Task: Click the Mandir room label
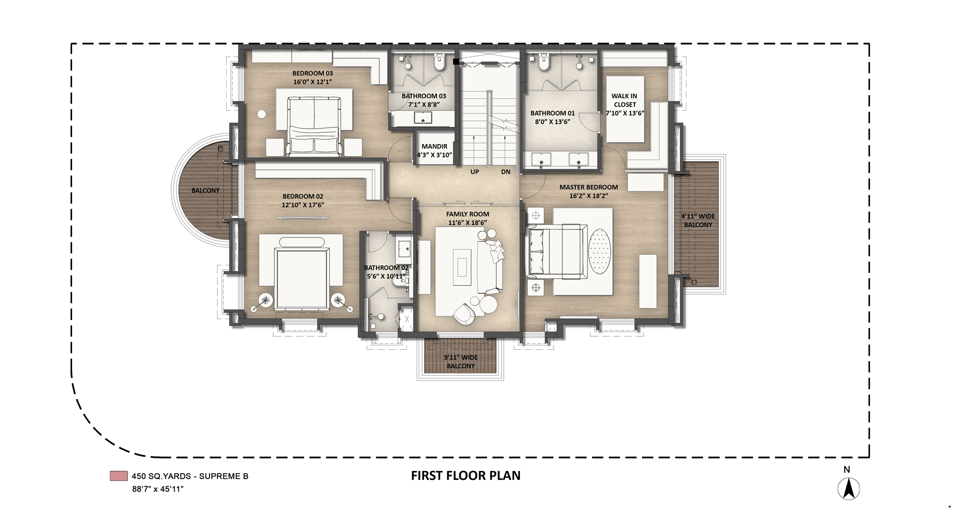point(434,146)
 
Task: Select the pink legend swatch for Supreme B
point(118,476)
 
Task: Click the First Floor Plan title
point(466,476)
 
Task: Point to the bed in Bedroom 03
point(314,126)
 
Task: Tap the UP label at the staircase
point(475,172)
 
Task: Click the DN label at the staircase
point(506,172)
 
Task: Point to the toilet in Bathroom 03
point(439,62)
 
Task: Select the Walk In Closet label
point(625,100)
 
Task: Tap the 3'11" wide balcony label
point(460,362)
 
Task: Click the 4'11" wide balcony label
point(698,220)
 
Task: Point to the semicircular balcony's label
point(206,190)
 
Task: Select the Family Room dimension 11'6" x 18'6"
point(467,223)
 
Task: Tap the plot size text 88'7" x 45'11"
point(158,489)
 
